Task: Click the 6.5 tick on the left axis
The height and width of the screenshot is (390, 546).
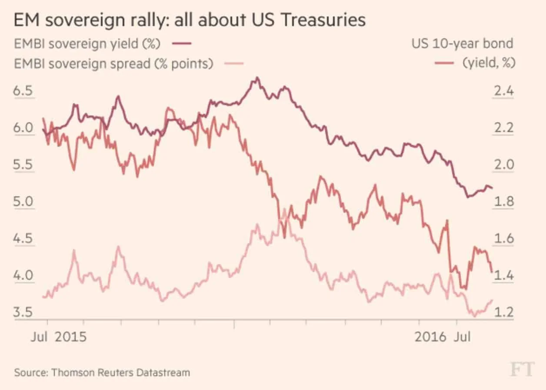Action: tap(23, 92)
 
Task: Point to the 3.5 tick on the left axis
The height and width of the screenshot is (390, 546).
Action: tap(23, 313)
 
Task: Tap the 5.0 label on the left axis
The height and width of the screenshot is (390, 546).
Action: tap(23, 202)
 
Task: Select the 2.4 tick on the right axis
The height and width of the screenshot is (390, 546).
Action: tap(503, 92)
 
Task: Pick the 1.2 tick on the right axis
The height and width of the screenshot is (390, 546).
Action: tap(503, 313)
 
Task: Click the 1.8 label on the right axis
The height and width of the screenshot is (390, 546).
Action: tap(503, 202)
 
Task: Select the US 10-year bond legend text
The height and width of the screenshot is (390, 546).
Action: tap(462, 43)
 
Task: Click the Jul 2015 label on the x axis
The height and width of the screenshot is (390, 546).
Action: tap(58, 337)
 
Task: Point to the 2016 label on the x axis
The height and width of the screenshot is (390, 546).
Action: tap(430, 337)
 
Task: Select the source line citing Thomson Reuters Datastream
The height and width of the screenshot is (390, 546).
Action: tap(102, 373)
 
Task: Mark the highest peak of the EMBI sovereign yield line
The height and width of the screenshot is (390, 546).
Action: tap(257, 78)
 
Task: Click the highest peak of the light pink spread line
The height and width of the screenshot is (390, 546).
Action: tap(284, 210)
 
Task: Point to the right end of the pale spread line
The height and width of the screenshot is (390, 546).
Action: tap(492, 300)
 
